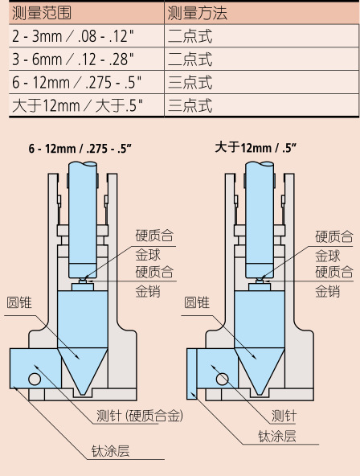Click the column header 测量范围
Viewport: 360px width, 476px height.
coord(42,13)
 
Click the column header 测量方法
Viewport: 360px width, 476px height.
coord(197,13)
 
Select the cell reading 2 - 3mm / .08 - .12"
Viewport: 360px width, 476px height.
coord(73,36)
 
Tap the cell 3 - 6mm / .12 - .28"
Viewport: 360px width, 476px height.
coord(73,59)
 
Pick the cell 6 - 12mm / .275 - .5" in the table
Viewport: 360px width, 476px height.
coord(76,82)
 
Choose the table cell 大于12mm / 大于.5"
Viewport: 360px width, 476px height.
coord(77,105)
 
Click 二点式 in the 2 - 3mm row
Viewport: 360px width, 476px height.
coord(190,36)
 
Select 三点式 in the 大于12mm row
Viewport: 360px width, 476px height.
coord(190,105)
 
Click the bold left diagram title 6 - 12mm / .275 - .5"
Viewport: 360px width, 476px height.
coord(80,149)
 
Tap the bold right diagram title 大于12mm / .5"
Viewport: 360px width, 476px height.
coord(256,148)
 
